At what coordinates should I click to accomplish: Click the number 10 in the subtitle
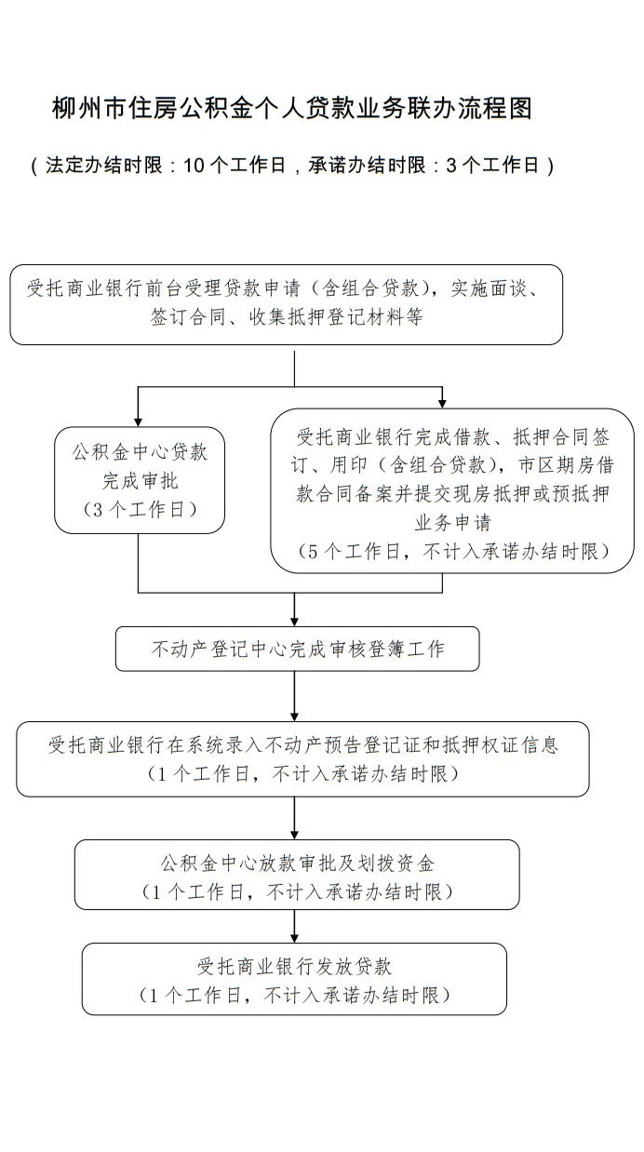[x=194, y=165]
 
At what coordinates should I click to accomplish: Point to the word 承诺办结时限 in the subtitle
[x=367, y=165]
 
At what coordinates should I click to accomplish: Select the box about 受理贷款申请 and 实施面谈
[x=286, y=304]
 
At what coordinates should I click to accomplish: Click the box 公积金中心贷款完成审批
[x=140, y=480]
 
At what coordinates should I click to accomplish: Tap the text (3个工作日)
[x=140, y=509]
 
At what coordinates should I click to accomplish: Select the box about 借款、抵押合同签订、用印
[x=452, y=490]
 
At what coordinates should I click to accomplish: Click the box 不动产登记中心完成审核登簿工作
[x=297, y=649]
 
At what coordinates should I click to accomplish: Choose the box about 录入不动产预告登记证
[x=302, y=759]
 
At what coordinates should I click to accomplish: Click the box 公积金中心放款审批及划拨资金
[x=297, y=877]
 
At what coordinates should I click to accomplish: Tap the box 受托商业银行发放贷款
[x=294, y=979]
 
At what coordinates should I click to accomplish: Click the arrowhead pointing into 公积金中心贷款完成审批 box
[x=138, y=422]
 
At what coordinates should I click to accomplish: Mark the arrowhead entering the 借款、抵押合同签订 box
[x=442, y=404]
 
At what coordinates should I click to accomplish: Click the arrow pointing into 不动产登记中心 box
[x=294, y=609]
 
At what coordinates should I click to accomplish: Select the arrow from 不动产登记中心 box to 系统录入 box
[x=294, y=696]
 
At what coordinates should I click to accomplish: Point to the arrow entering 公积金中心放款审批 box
[x=294, y=818]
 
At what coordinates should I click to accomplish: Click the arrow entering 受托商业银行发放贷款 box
[x=294, y=926]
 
